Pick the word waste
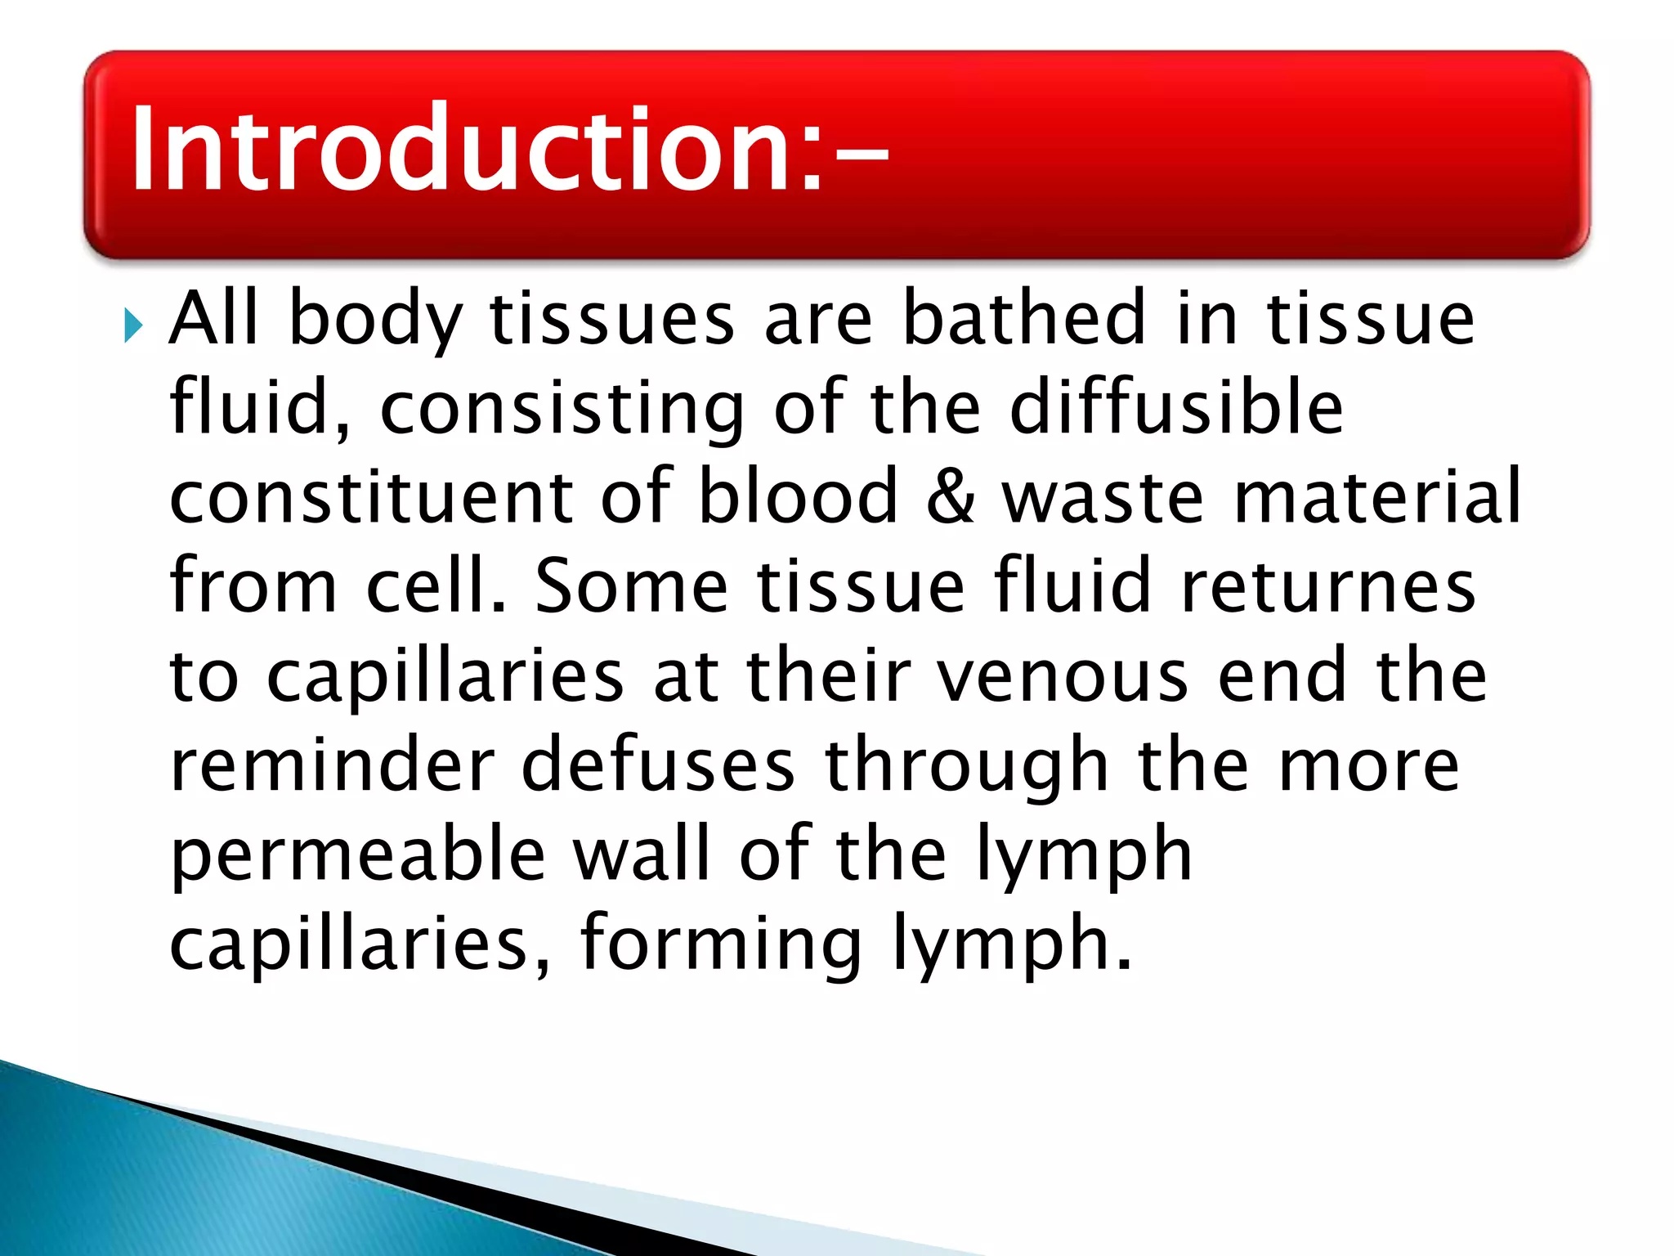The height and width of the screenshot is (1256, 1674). tap(1103, 498)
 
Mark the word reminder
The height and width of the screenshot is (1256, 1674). tap(332, 765)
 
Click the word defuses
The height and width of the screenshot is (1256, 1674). tap(658, 765)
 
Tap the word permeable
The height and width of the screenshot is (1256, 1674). tap(357, 857)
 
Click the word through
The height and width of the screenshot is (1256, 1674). tap(967, 767)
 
